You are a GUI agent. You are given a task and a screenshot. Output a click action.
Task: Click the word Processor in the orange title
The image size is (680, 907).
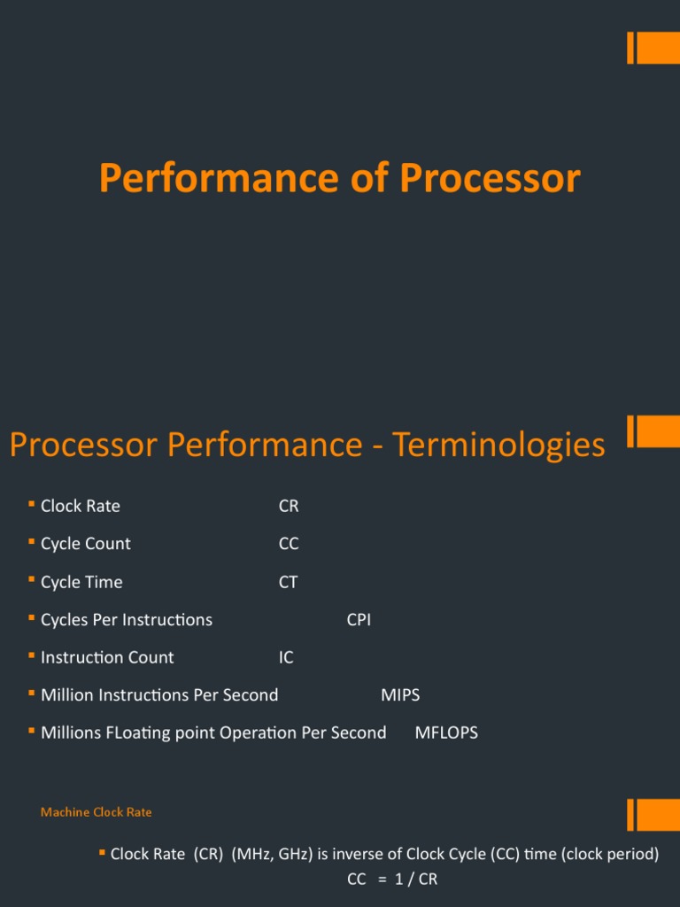(490, 178)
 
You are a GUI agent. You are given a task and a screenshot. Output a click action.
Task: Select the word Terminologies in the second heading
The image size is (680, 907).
(498, 444)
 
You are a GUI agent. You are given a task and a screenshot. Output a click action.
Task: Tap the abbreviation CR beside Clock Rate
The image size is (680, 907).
(289, 506)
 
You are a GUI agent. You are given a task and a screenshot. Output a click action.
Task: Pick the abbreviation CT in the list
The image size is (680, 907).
(288, 582)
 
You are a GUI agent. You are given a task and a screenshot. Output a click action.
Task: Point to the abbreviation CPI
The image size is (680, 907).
(359, 620)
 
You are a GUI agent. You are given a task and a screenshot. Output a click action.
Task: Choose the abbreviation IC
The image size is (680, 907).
(286, 657)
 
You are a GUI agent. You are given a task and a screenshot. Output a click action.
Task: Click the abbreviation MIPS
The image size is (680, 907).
(400, 695)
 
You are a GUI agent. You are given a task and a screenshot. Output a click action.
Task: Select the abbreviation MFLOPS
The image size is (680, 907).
(446, 733)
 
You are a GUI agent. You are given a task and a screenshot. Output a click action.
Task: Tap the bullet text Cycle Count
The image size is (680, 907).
(85, 544)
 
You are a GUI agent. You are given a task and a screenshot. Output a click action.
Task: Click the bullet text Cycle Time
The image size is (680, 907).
(81, 582)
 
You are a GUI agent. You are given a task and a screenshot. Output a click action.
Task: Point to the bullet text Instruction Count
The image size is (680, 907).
(107, 657)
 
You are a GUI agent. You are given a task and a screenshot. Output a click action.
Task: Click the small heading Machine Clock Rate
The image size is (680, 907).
(97, 811)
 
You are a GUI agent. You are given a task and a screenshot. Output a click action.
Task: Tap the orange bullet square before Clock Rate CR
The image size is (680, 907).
(31, 504)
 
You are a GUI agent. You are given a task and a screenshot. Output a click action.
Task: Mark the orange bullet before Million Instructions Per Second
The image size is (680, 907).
(31, 694)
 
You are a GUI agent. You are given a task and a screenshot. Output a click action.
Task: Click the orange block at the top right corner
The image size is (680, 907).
(654, 48)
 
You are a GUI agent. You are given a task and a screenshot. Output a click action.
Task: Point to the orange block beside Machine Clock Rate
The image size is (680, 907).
(654, 815)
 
